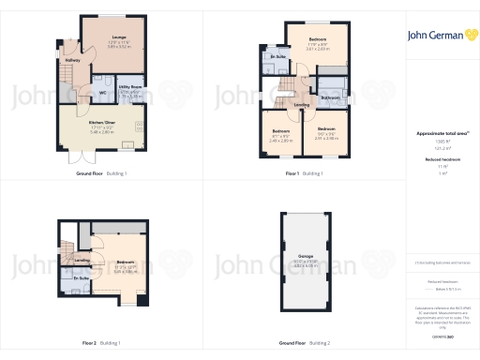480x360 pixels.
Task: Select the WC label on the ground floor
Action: coord(101,93)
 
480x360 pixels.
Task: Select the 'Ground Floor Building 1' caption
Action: coord(101,173)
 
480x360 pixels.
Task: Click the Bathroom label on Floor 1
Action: coord(329,97)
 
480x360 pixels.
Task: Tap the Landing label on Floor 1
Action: coord(300,105)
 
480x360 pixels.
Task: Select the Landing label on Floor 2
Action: coord(82,260)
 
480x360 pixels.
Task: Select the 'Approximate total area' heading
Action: coord(439,133)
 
